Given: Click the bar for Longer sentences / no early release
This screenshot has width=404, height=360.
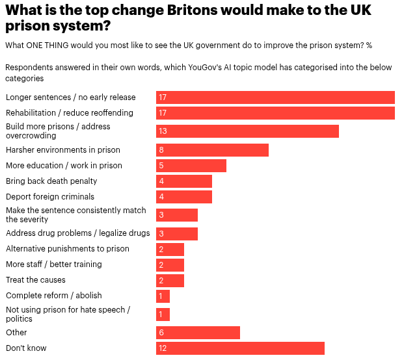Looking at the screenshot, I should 275,97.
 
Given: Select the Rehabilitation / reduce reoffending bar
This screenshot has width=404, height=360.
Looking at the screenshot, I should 275,113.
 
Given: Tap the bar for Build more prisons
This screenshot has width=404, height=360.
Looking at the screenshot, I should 247,131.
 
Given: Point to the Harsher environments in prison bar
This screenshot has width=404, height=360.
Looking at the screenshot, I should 212,150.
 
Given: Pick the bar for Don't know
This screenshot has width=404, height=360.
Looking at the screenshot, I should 240,348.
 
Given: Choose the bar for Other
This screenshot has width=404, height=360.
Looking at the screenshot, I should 198,333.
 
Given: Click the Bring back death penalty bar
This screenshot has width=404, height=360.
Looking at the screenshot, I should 184,181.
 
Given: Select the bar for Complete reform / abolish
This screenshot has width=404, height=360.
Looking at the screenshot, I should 163,296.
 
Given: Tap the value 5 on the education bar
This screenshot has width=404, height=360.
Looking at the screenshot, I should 161,166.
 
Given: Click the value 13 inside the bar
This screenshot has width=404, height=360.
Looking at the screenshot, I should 163,131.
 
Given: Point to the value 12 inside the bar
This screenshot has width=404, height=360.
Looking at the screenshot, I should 163,348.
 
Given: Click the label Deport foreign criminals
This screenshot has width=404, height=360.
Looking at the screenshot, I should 50,197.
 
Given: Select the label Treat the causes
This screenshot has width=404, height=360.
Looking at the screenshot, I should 36,280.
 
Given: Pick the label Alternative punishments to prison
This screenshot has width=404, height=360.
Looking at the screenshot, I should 68,249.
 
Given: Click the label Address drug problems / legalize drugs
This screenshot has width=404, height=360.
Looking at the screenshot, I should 78,233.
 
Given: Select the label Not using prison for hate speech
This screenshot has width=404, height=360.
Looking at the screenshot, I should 68,315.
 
